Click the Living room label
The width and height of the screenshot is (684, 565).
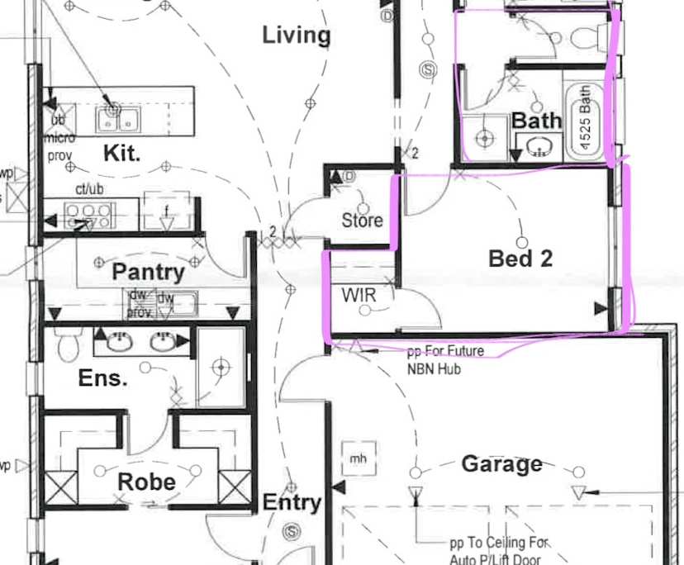[296, 36]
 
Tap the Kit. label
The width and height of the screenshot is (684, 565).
[121, 154]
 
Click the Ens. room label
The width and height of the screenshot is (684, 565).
[102, 378]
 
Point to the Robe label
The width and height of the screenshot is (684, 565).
[146, 482]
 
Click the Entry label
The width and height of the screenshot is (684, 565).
[291, 502]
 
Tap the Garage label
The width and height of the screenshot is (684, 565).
[501, 464]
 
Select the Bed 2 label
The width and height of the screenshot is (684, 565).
[520, 259]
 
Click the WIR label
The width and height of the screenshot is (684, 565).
[359, 295]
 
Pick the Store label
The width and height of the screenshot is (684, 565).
[362, 220]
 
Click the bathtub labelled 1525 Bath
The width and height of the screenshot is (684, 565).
[585, 120]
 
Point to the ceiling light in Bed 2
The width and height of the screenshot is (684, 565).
[522, 243]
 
